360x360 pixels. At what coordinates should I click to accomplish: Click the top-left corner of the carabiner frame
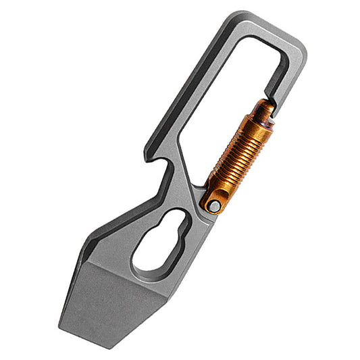(233, 15)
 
